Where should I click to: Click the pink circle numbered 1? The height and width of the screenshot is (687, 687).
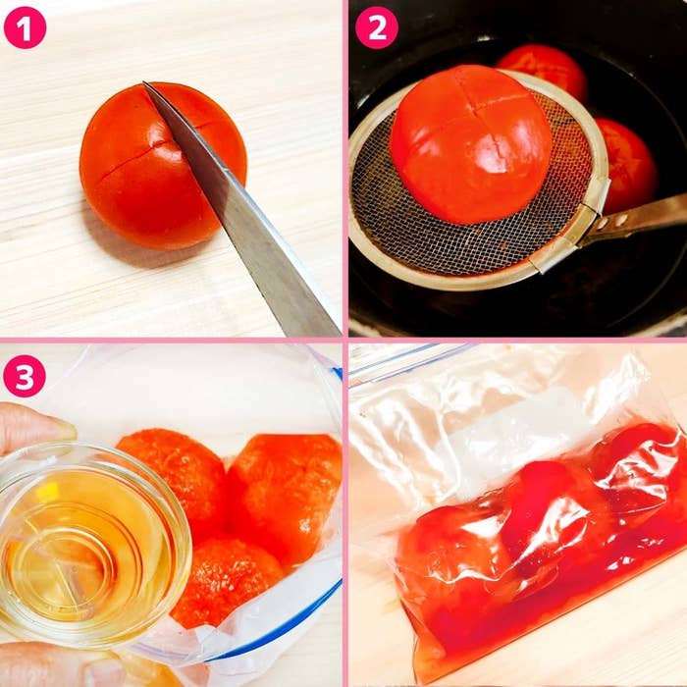pyautogui.click(x=25, y=27)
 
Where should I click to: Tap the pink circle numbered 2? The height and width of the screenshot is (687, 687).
pyautogui.click(x=377, y=27)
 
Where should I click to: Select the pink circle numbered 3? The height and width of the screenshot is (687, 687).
pyautogui.click(x=25, y=376)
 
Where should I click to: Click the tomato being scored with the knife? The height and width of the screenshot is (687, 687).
pyautogui.click(x=163, y=166)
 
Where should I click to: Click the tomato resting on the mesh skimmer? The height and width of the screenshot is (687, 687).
pyautogui.click(x=471, y=144)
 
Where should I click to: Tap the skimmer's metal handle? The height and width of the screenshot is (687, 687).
pyautogui.click(x=640, y=218)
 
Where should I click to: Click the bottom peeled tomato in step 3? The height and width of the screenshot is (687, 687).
pyautogui.click(x=228, y=583)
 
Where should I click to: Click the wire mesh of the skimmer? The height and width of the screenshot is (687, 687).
pyautogui.click(x=473, y=228)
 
